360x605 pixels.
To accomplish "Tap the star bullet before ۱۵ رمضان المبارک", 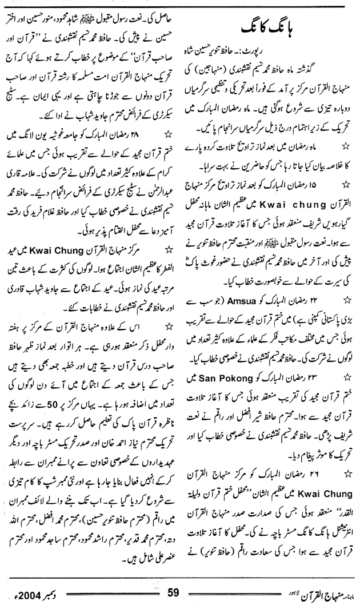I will [345, 186].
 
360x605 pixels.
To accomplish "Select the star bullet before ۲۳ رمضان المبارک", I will [345, 377].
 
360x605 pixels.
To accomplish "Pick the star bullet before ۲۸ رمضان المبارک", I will [167, 152].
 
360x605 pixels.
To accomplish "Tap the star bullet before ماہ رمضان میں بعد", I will [345, 148].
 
